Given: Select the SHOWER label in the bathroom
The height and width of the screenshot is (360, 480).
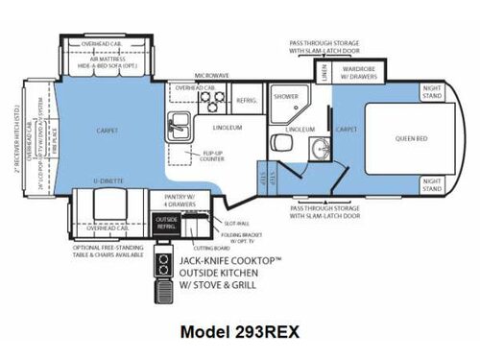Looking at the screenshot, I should (x=285, y=96).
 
